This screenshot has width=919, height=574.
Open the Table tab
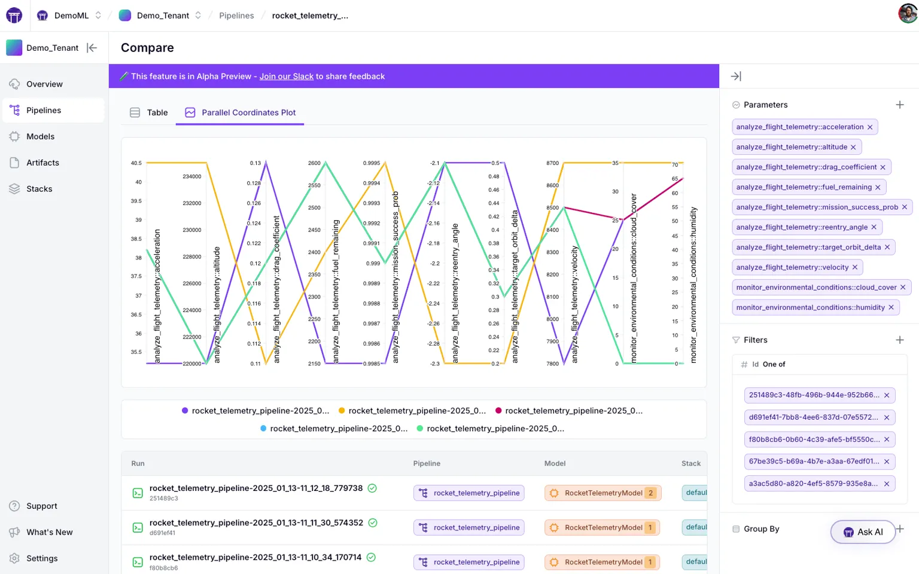click(149, 112)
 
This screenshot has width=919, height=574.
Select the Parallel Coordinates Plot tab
click(241, 112)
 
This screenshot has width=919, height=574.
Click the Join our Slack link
click(286, 77)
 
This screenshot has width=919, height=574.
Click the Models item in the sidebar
click(40, 136)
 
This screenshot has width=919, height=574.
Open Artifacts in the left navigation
click(42, 163)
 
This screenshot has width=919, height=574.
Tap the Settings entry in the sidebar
click(42, 558)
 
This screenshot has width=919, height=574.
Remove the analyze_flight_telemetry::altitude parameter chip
click(853, 147)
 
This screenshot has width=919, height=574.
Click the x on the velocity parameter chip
click(855, 267)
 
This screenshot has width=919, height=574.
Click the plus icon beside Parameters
click(899, 105)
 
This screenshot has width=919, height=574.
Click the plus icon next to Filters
click(899, 340)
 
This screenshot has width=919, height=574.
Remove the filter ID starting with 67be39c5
click(887, 462)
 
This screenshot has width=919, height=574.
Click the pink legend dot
click(499, 411)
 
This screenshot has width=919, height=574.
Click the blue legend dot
click(264, 429)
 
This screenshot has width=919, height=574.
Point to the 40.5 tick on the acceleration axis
click(136, 163)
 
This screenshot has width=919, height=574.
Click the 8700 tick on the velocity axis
click(552, 163)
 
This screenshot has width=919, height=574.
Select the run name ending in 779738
click(255, 488)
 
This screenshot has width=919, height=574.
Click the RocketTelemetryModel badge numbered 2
click(602, 493)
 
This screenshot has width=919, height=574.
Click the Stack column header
click(691, 463)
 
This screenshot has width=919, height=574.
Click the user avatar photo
click(908, 14)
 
